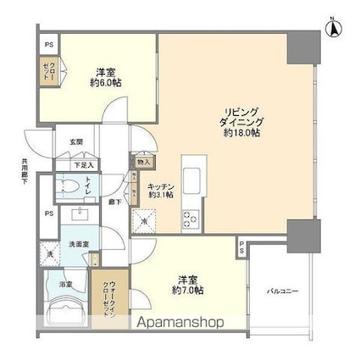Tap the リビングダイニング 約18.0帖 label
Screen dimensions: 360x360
click(x=241, y=123)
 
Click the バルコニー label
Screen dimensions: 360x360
click(x=280, y=291)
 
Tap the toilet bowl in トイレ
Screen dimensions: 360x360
click(x=70, y=186)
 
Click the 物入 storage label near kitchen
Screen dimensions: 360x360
click(x=143, y=161)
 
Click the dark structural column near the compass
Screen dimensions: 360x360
click(x=302, y=48)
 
